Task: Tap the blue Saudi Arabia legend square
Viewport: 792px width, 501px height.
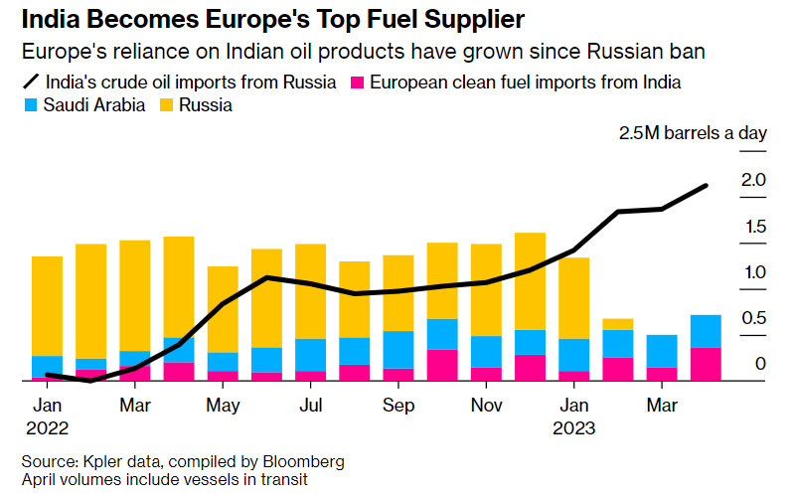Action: click(30, 104)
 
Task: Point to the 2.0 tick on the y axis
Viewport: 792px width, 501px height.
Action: click(752, 180)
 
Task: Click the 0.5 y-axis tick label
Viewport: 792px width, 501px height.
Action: click(752, 318)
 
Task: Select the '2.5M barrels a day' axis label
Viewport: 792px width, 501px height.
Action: click(693, 134)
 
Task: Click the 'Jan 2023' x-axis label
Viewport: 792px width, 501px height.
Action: click(574, 417)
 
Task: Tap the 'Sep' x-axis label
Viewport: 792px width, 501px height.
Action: click(398, 406)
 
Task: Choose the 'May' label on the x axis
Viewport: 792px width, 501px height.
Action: click(224, 406)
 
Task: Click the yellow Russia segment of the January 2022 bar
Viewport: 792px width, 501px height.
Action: click(48, 305)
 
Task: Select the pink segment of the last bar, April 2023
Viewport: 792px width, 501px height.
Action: click(706, 363)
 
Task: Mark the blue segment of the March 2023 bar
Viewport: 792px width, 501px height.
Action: click(662, 351)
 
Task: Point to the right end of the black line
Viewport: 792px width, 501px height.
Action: click(706, 186)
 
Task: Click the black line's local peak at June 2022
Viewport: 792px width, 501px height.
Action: click(267, 277)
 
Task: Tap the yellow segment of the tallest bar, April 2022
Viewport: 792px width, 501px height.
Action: click(179, 286)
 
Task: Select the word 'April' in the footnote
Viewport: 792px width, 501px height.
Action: click(40, 480)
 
